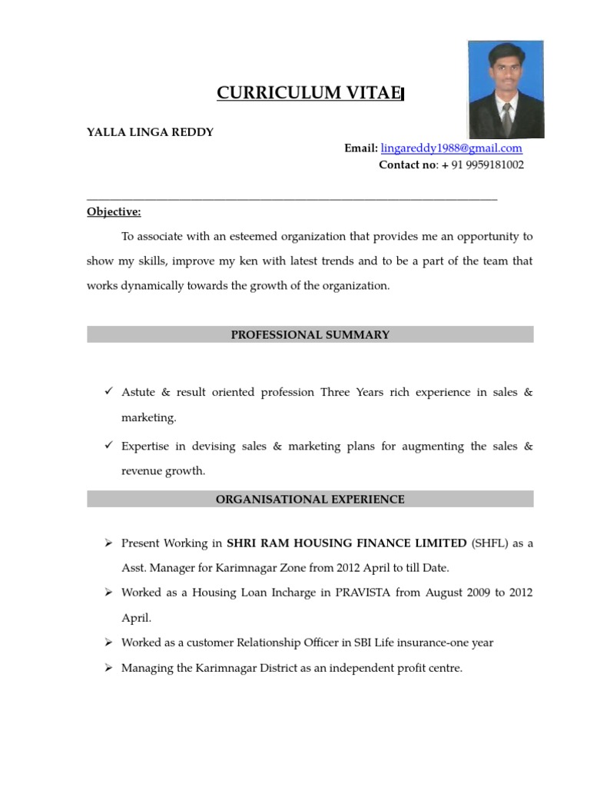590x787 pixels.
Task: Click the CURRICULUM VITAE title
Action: click(x=309, y=94)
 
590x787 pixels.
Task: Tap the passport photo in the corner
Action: click(x=505, y=89)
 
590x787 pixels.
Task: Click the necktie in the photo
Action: click(x=506, y=118)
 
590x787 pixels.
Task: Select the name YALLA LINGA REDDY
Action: click(x=150, y=132)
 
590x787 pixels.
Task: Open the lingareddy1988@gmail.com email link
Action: click(x=451, y=148)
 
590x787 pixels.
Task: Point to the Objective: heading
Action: click(x=114, y=212)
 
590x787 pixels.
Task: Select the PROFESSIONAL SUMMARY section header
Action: click(x=310, y=334)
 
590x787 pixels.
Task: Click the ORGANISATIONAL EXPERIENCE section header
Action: click(x=310, y=499)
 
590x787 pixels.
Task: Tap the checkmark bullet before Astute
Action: click(x=108, y=392)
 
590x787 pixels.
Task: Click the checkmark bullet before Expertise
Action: click(x=108, y=446)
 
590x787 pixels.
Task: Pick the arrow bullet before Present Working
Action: click(x=108, y=543)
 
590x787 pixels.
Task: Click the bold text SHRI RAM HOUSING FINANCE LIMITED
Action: click(x=346, y=543)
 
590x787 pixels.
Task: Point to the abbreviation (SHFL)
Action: click(x=489, y=543)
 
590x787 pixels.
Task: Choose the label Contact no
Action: click(x=407, y=164)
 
